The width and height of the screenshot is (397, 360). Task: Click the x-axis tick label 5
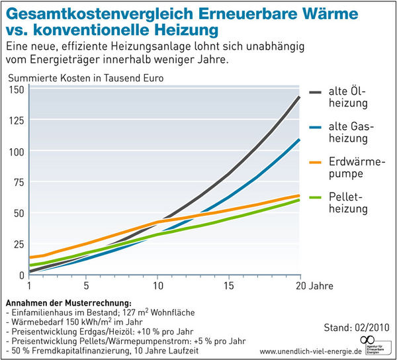87,286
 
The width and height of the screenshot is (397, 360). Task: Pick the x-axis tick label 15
228,286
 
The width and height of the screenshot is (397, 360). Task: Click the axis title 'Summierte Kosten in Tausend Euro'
86,77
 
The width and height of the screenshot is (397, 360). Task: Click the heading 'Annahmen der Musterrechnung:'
68,303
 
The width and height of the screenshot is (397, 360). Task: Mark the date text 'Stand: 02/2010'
357,327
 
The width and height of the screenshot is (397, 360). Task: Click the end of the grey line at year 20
300,97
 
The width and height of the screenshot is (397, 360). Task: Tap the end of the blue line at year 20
300,139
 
